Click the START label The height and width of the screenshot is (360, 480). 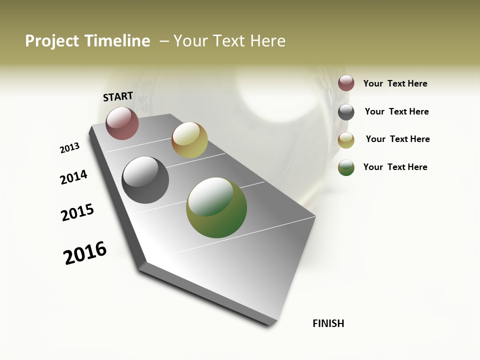click(x=118, y=96)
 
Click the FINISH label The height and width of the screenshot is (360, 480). click(x=328, y=323)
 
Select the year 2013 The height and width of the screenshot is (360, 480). click(x=69, y=148)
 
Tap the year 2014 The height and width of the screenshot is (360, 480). click(x=74, y=177)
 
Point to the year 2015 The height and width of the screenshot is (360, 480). click(x=77, y=212)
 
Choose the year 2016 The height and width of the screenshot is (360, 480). click(x=85, y=253)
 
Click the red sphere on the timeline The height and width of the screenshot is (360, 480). click(x=122, y=123)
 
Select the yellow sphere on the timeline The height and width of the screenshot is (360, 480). click(x=189, y=140)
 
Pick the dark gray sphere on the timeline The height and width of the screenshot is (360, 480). click(x=145, y=180)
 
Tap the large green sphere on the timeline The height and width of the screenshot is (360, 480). click(x=216, y=207)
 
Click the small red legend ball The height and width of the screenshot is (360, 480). click(x=346, y=83)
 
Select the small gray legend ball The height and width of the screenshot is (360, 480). click(x=346, y=112)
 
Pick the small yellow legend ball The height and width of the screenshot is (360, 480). click(x=346, y=140)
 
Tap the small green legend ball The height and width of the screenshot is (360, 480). click(x=346, y=167)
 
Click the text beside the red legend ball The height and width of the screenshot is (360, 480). click(x=395, y=84)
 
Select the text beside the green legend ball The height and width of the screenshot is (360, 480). click(x=395, y=167)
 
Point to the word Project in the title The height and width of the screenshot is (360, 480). click(x=52, y=41)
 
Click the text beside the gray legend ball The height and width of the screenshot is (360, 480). click(x=396, y=111)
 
